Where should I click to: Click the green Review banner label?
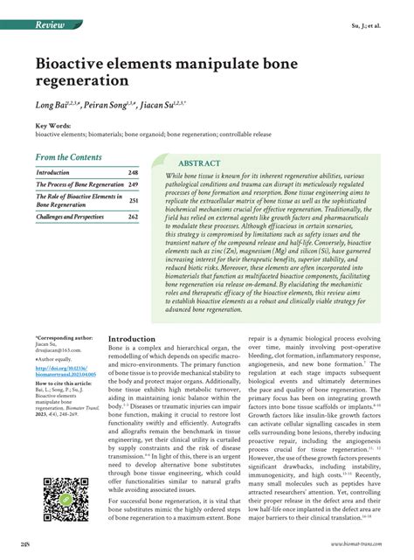[x=52, y=25]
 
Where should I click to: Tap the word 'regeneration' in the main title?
[x=82, y=81]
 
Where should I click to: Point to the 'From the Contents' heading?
[x=68, y=157]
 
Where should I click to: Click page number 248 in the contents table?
[x=133, y=173]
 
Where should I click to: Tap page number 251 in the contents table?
[x=134, y=199]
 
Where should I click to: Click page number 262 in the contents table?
[x=133, y=216]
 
